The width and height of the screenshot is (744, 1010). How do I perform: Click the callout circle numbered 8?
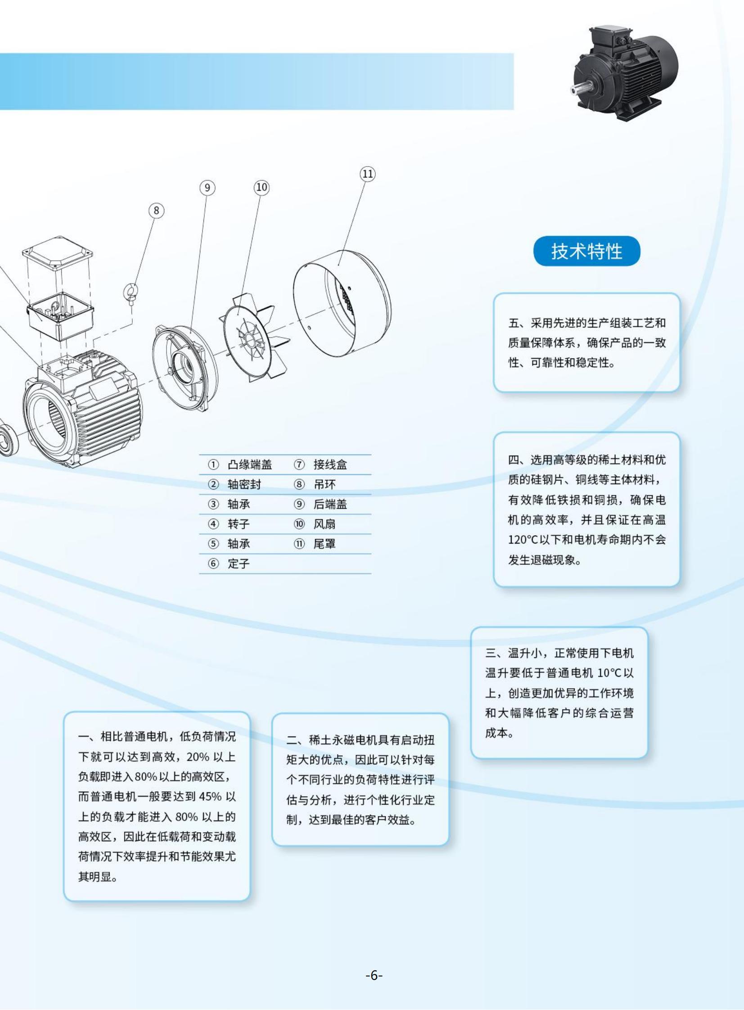pyautogui.click(x=156, y=211)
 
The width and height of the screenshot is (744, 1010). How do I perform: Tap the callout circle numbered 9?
pyautogui.click(x=207, y=188)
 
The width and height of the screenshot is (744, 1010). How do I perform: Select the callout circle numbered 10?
pyautogui.click(x=262, y=187)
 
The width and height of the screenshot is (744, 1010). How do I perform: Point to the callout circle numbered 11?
pyautogui.click(x=367, y=174)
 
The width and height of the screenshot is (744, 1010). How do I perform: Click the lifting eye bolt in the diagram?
pyautogui.click(x=131, y=293)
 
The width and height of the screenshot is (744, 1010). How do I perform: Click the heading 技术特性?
pyautogui.click(x=586, y=251)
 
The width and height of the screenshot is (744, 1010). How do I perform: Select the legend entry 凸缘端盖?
pyautogui.click(x=249, y=464)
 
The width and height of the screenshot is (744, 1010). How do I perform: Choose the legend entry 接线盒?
pyautogui.click(x=330, y=464)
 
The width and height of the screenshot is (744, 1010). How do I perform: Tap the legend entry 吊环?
pyautogui.click(x=325, y=484)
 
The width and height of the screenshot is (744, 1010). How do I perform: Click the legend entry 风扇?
pyautogui.click(x=325, y=524)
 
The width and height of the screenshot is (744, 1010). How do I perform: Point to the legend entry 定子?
pyautogui.click(x=239, y=564)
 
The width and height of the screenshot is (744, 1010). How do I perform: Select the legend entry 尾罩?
pyautogui.click(x=325, y=544)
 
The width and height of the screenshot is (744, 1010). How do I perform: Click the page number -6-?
pyautogui.click(x=374, y=976)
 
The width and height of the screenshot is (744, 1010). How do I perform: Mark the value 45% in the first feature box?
pyautogui.click(x=210, y=797)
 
